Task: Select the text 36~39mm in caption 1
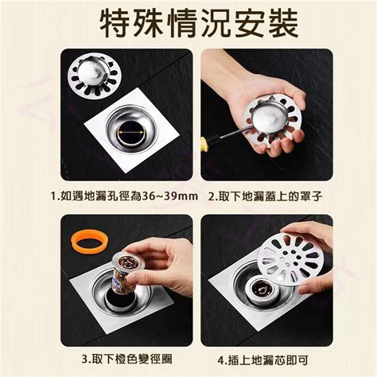click(x=170, y=196)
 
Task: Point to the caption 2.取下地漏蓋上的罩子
click(x=266, y=196)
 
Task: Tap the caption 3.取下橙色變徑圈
click(x=126, y=360)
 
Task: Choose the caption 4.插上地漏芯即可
click(x=262, y=360)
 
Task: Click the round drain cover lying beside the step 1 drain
click(x=94, y=76)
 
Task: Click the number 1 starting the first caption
click(x=53, y=196)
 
